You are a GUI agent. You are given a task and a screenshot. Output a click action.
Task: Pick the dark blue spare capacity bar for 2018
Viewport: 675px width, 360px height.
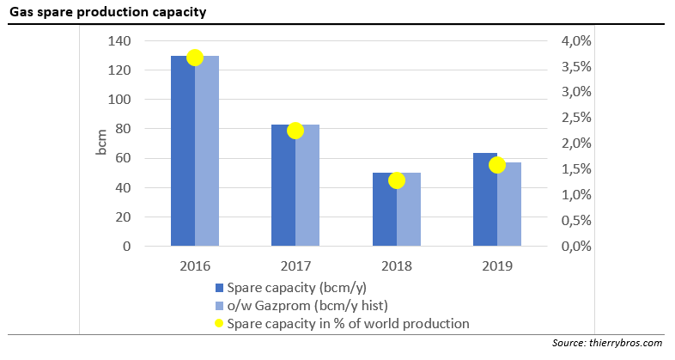pyautogui.click(x=384, y=211)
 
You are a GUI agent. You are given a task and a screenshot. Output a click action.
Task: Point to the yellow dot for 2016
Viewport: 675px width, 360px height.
pyautogui.click(x=195, y=58)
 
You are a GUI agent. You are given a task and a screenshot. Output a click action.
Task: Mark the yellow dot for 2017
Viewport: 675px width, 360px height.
pyautogui.click(x=295, y=131)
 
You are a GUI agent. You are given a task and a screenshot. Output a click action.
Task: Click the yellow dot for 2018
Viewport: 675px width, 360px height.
pyautogui.click(x=397, y=180)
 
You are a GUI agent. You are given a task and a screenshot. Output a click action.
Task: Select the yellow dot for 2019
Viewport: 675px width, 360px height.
pyautogui.click(x=497, y=165)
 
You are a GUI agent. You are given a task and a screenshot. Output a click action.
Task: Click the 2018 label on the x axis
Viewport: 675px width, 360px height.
pyautogui.click(x=397, y=266)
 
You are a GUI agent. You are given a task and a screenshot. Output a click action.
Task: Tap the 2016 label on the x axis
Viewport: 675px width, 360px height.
pyautogui.click(x=195, y=266)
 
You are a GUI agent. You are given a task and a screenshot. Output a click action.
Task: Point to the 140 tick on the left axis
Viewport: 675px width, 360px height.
pyautogui.click(x=119, y=41)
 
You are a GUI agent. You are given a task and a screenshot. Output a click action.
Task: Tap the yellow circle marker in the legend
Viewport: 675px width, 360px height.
pyautogui.click(x=219, y=324)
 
